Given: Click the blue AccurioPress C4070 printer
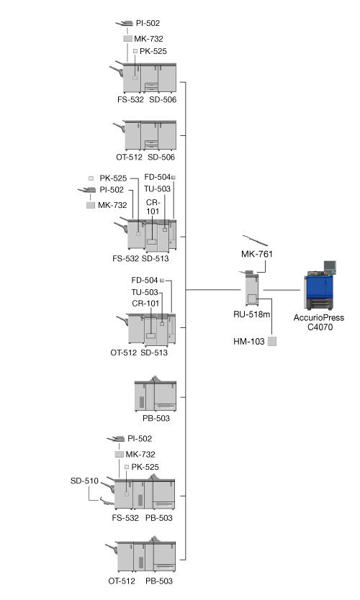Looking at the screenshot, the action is [320, 286].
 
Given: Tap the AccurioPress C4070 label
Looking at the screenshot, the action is [319, 322].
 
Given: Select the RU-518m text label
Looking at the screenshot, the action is [251, 314].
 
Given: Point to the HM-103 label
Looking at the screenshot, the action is [249, 341].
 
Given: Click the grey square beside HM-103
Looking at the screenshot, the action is [272, 341].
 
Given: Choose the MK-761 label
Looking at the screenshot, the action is [257, 254].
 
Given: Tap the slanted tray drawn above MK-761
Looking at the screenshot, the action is [255, 240].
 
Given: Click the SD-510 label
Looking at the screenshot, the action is [84, 481].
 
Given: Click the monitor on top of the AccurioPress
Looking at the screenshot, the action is [330, 266].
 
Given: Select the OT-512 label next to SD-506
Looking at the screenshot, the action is [129, 157].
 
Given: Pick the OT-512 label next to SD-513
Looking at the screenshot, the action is [123, 353].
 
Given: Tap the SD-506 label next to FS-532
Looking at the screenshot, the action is [163, 99].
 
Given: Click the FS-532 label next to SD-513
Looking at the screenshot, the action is [125, 258].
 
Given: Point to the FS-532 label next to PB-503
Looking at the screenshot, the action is [125, 518].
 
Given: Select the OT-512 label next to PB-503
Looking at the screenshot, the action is [122, 581].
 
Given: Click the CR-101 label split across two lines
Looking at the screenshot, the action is [153, 206].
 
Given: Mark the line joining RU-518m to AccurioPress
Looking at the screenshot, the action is [282, 290].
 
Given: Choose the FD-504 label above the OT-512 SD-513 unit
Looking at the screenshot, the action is [145, 280].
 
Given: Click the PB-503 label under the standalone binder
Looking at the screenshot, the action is [156, 418].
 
